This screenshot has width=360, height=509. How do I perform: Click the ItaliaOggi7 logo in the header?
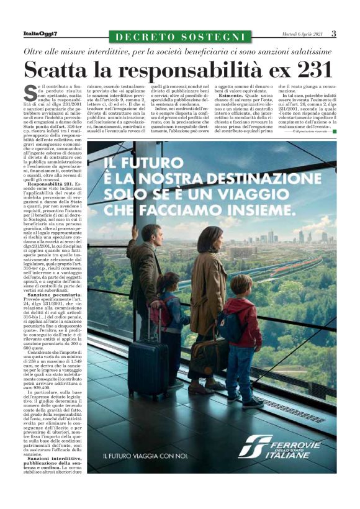40,35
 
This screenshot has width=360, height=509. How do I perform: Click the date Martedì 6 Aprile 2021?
300,35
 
